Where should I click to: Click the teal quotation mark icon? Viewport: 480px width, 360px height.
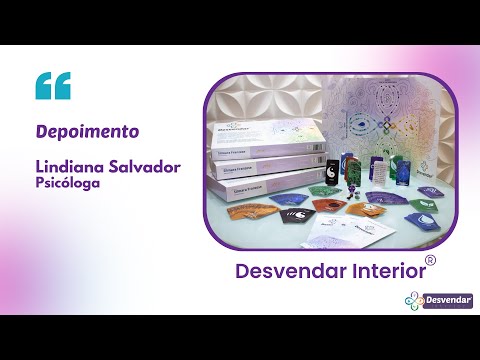point(53,86)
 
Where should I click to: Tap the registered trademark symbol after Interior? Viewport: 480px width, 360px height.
point(430,260)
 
